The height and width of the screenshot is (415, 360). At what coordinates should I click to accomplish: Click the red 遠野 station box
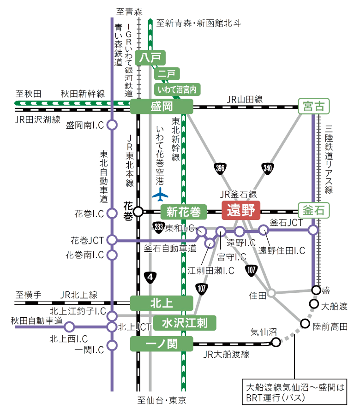pos(241,210)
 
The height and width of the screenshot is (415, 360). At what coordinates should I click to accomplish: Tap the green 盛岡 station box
pos(161,107)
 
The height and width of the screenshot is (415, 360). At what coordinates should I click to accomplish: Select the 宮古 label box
pos(313,107)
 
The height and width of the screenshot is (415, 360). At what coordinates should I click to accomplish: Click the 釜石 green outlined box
pos(313,210)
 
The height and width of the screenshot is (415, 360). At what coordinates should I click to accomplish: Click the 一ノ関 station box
pos(161,343)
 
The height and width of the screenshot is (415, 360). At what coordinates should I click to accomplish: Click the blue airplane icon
pos(161,196)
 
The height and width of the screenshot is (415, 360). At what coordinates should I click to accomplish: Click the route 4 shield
pos(150,277)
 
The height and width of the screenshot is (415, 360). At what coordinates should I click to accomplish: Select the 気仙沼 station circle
pos(276,342)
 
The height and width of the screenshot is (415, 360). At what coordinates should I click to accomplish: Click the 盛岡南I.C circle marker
pos(112,125)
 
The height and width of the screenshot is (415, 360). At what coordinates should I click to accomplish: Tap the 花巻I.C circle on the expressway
pos(112,213)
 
